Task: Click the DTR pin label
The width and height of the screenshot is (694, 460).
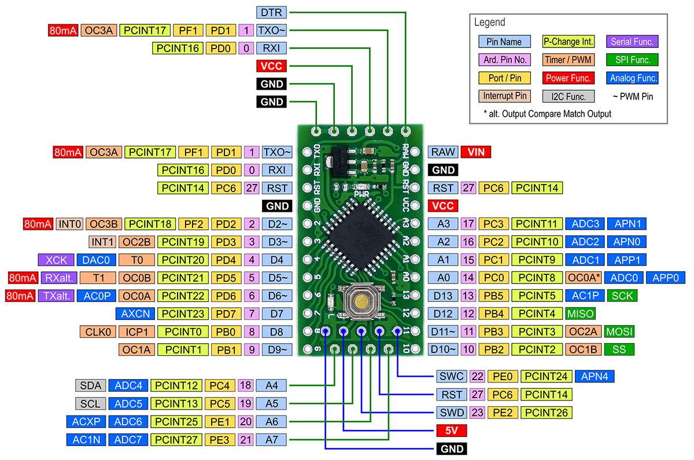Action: pyautogui.click(x=271, y=12)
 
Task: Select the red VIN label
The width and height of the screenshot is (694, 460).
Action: pyautogui.click(x=475, y=152)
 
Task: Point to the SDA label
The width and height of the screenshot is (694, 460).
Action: pyautogui.click(x=90, y=385)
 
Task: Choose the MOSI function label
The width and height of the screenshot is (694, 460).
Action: pyautogui.click(x=619, y=332)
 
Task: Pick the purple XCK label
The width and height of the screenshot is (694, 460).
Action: pyautogui.click(x=56, y=260)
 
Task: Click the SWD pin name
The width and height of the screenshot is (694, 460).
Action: pyautogui.click(x=451, y=413)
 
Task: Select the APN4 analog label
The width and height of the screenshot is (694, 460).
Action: pyautogui.click(x=595, y=377)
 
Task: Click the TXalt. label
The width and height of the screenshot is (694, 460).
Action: pyautogui.click(x=57, y=296)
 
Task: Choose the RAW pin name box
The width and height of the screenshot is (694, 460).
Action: pyautogui.click(x=442, y=152)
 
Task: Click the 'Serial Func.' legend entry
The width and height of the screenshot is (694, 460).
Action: pyautogui.click(x=632, y=42)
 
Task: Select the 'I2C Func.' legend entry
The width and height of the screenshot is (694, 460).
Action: pyautogui.click(x=569, y=97)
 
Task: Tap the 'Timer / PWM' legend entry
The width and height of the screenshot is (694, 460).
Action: pyautogui.click(x=568, y=60)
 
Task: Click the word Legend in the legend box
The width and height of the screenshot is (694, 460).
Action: pyautogui.click(x=489, y=23)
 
